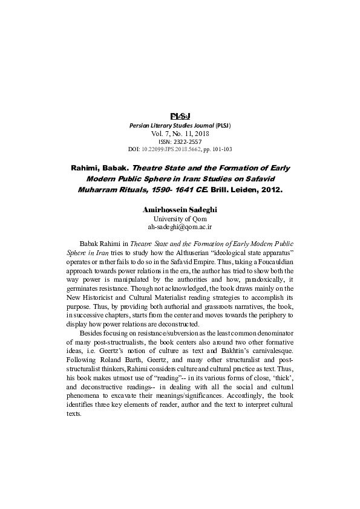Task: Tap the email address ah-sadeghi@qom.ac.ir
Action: coord(180,227)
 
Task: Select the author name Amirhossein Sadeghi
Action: coord(180,209)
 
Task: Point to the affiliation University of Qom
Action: coord(180,218)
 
